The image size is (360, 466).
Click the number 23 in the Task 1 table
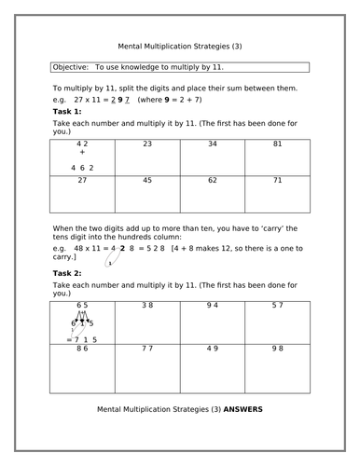[x=147, y=144]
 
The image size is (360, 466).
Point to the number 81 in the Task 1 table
[x=277, y=144]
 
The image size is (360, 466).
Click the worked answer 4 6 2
[x=82, y=168]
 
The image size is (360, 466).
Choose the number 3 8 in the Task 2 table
[x=147, y=305]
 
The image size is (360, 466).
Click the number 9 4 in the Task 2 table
[x=212, y=305]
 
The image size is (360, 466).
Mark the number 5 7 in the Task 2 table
[x=277, y=305]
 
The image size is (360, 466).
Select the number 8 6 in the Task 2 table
[x=82, y=349]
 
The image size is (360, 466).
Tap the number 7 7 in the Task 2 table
[x=147, y=349]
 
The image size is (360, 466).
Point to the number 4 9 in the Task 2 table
[x=212, y=349]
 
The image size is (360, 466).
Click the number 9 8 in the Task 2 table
[x=277, y=349]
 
